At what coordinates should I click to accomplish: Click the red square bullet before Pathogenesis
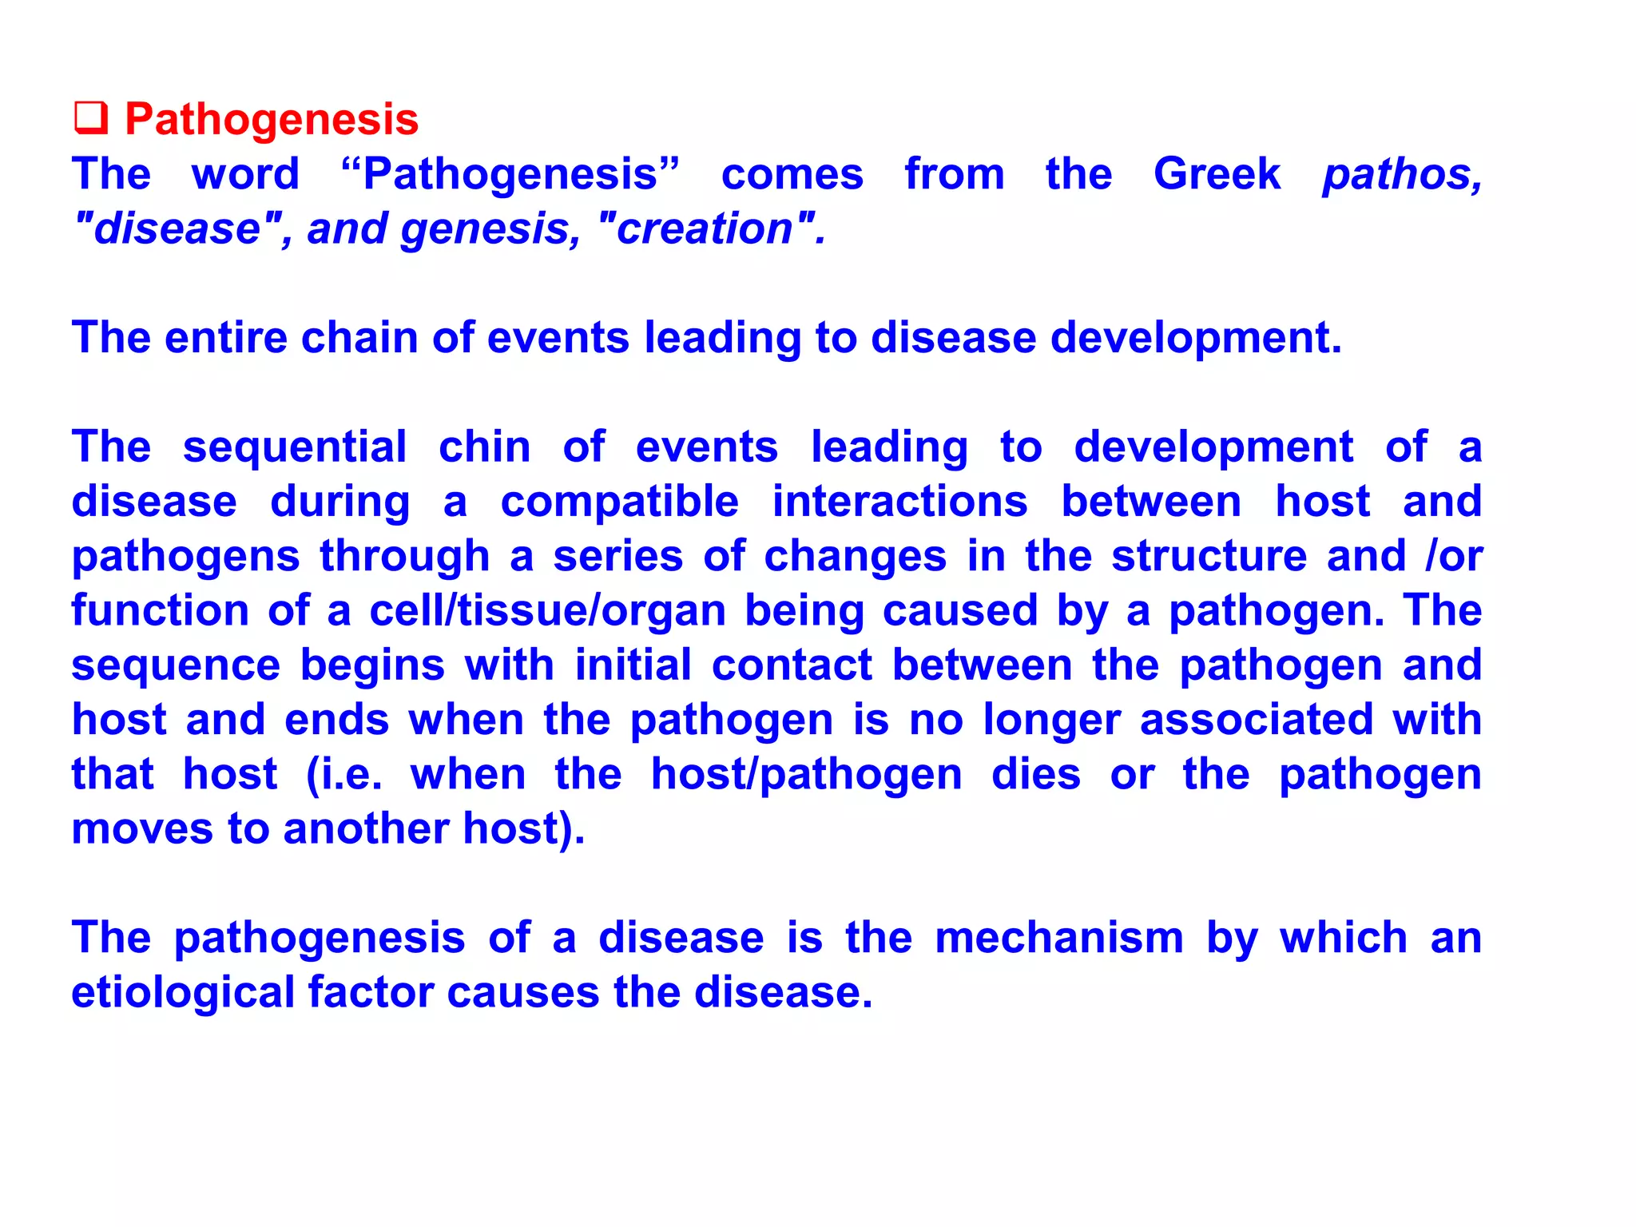[x=91, y=118]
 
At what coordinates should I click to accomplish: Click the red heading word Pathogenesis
[x=272, y=120]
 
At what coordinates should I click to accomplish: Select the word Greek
[x=1217, y=174]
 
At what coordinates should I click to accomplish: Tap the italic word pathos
[x=1401, y=174]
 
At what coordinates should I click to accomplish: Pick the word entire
[x=226, y=337]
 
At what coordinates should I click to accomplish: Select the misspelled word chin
[x=485, y=447]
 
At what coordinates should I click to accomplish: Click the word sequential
[x=295, y=448]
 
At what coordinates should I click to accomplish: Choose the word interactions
[x=900, y=502]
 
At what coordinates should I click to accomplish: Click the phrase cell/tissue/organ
[x=547, y=611]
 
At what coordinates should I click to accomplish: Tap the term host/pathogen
[x=806, y=775]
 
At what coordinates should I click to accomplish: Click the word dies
[x=1036, y=774]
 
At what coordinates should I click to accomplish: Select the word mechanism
[x=1059, y=938]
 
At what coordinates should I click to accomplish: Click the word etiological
[x=184, y=994]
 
